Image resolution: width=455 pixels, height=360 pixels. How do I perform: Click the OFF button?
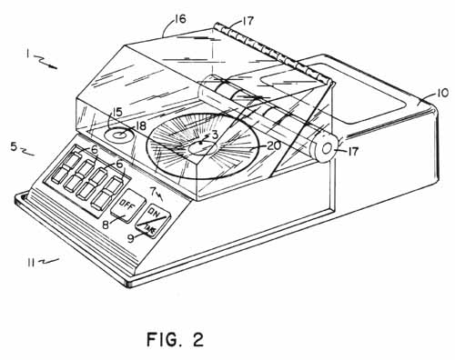tap(127, 205)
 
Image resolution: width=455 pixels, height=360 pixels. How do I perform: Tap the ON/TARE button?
tap(152, 221)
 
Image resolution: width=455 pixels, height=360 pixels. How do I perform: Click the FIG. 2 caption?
tap(176, 339)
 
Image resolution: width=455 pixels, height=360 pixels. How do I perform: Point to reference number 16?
tap(179, 19)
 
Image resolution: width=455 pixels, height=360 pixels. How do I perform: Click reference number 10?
tap(442, 93)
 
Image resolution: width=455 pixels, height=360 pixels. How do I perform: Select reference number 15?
tap(116, 113)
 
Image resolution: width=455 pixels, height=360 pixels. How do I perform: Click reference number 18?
tap(139, 125)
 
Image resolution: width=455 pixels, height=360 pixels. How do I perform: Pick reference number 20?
tap(275, 146)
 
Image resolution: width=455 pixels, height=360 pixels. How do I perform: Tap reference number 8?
tap(106, 225)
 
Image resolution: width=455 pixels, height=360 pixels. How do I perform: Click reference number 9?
tap(130, 239)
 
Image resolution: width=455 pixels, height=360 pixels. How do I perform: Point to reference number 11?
tap(30, 263)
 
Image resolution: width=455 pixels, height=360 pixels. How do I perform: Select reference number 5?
tap(14, 147)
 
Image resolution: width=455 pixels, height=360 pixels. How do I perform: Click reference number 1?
tap(27, 54)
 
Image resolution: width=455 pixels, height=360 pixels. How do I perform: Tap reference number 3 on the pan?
tap(215, 135)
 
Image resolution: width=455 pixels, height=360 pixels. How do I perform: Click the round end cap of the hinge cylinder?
tap(327, 148)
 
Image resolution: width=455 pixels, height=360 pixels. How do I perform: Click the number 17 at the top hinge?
tap(248, 21)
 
